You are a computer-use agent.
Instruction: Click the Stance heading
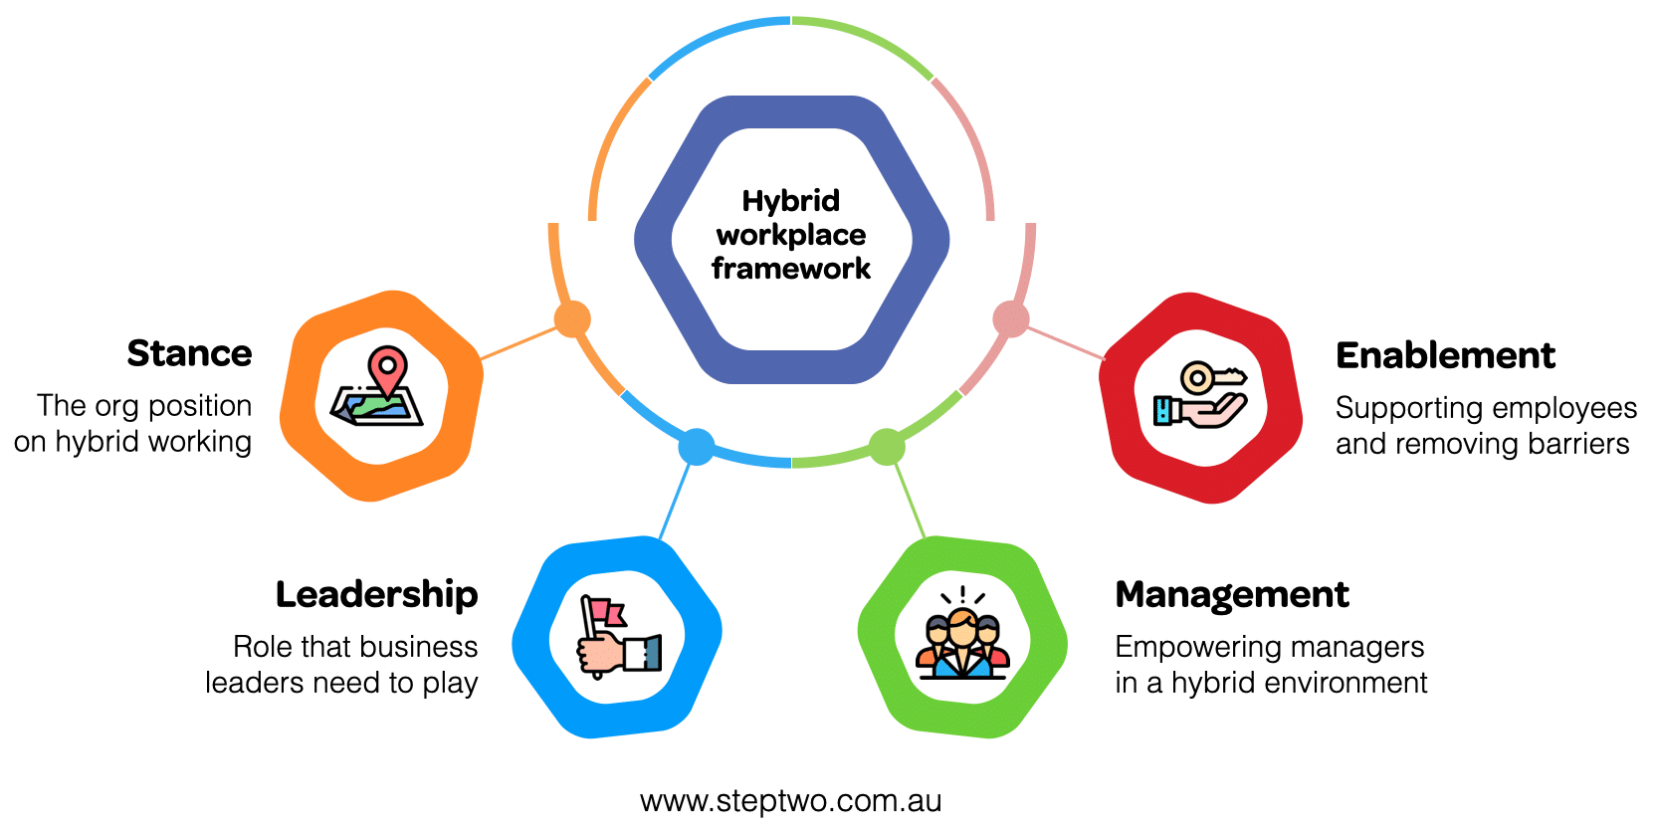point(189,353)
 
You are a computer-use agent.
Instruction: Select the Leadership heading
point(376,594)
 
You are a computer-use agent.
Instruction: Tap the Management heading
point(1232,594)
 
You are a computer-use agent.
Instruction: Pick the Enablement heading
point(1445,355)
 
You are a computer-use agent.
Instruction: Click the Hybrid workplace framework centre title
point(791,235)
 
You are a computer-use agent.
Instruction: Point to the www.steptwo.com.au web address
point(791,801)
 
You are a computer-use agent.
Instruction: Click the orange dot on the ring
point(572,319)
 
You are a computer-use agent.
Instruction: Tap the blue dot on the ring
point(696,447)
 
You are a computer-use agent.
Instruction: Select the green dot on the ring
point(886,447)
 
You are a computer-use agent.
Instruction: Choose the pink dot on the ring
point(1011,319)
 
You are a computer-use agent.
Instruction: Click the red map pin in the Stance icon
point(387,366)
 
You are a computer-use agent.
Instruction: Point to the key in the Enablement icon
point(1209,378)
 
